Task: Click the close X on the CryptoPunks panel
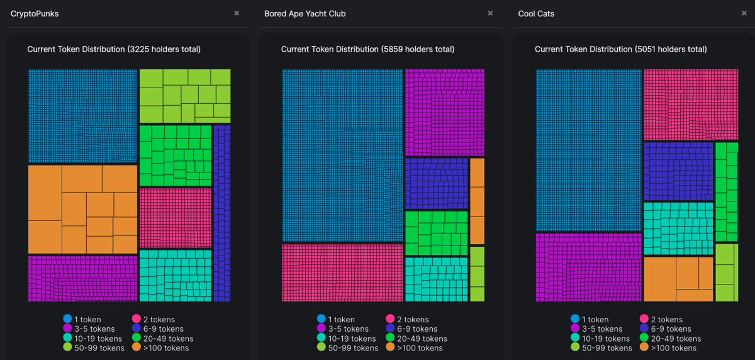(237, 13)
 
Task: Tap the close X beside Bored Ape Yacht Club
(490, 13)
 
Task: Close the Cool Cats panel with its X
(744, 13)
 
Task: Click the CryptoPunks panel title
(35, 13)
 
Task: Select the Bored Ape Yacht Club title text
(305, 13)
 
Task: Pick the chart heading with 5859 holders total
(367, 49)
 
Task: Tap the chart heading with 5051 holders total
(620, 49)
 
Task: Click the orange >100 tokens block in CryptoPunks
(82, 209)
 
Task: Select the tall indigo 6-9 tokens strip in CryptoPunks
(222, 213)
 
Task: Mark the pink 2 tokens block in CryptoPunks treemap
(175, 217)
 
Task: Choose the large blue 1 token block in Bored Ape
(342, 155)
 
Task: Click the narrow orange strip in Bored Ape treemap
(477, 201)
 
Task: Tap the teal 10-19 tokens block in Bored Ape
(436, 279)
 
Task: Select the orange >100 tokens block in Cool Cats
(678, 279)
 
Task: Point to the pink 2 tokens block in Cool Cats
(690, 104)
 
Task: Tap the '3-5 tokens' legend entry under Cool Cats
(601, 329)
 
